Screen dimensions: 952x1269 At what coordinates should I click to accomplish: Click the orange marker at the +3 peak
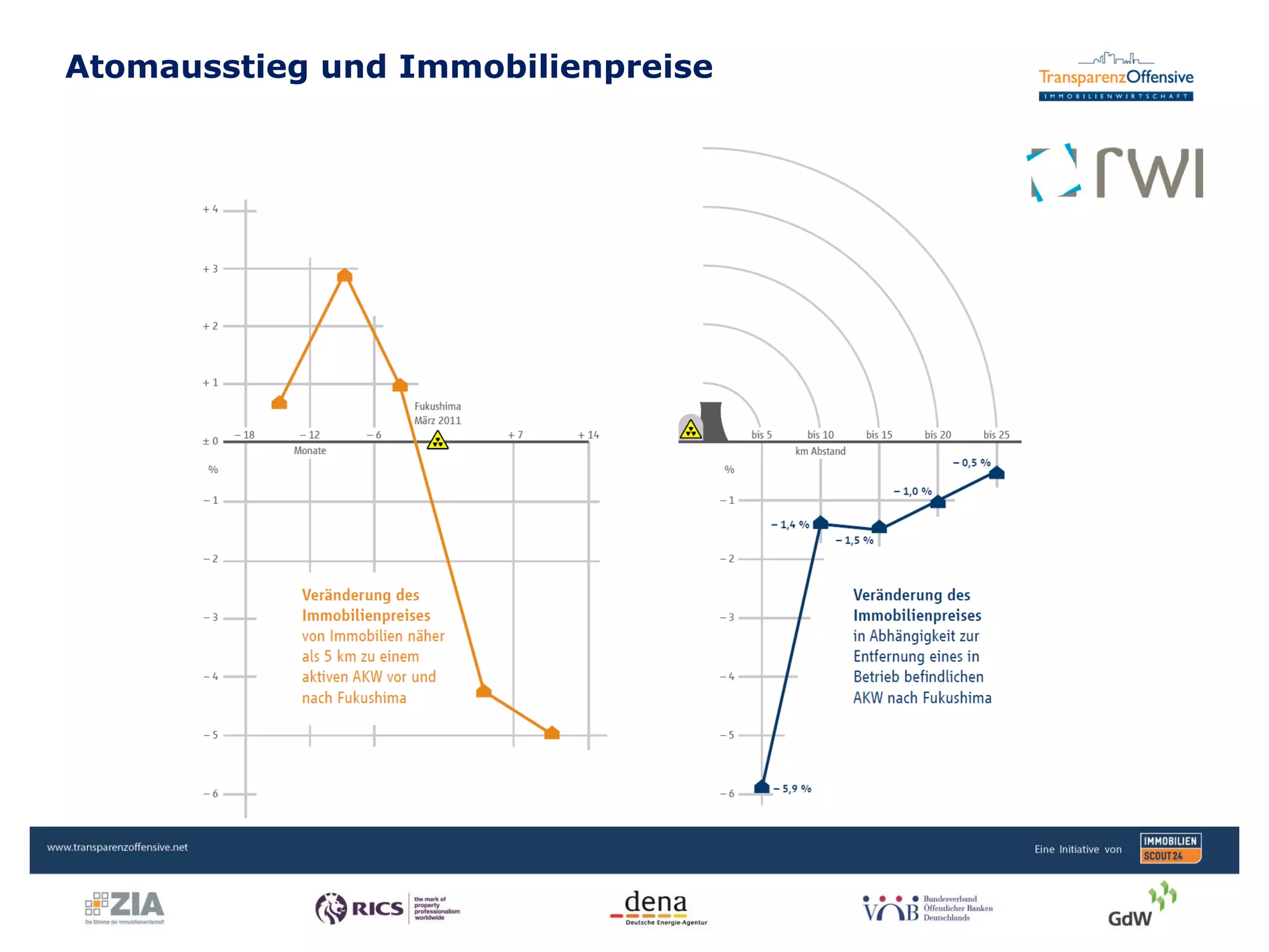pyautogui.click(x=345, y=275)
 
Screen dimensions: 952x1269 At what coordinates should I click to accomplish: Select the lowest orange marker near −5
pyautogui.click(x=551, y=733)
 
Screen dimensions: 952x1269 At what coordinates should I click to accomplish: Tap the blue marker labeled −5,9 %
pyautogui.click(x=762, y=787)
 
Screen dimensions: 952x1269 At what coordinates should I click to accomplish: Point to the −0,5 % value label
pyautogui.click(x=971, y=463)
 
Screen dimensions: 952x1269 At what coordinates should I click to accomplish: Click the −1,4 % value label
pyautogui.click(x=790, y=525)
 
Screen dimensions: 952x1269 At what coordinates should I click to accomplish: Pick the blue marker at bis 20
pyautogui.click(x=937, y=501)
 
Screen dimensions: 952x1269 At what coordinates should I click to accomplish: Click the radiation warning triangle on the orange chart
pyautogui.click(x=437, y=441)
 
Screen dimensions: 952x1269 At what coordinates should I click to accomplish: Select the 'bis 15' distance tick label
pyautogui.click(x=879, y=435)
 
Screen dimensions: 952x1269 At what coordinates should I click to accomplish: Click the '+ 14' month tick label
pyautogui.click(x=588, y=435)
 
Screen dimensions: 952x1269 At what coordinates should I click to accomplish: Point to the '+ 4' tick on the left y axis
pyautogui.click(x=210, y=209)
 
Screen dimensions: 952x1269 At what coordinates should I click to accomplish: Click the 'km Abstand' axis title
pyautogui.click(x=820, y=451)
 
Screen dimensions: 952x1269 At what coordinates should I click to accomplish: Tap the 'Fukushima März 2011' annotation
pyautogui.click(x=437, y=413)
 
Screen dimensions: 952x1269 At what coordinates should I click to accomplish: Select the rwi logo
pyautogui.click(x=1115, y=173)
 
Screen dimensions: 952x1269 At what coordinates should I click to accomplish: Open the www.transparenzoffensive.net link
pyautogui.click(x=117, y=847)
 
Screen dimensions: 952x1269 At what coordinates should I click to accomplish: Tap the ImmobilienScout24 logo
pyautogui.click(x=1170, y=848)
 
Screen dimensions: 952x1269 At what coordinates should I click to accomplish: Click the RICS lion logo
pyautogui.click(x=332, y=909)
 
